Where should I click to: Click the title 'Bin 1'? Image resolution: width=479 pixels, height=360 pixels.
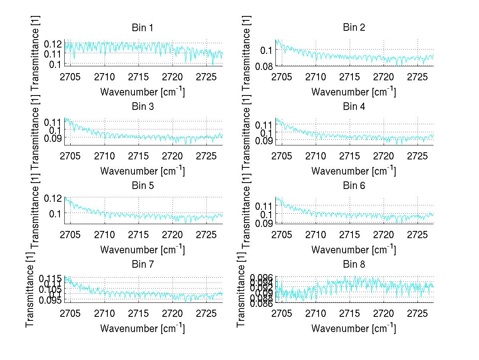pos(143,28)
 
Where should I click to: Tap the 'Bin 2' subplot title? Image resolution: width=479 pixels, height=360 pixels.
pos(354,28)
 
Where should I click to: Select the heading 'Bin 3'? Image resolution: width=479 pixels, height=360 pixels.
pos(143,107)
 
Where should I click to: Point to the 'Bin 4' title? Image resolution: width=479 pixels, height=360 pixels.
pos(354,107)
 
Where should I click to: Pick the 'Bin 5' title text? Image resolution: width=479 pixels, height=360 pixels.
pos(143,186)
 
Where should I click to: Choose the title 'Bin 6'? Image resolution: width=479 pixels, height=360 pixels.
pos(354,186)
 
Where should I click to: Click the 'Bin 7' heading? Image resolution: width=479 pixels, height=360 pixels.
pos(143,265)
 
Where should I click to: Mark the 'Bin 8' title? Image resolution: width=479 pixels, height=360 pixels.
pos(354,265)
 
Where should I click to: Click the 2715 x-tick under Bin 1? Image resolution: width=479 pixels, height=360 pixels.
pos(139,77)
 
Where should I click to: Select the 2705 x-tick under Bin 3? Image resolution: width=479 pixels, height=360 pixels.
pos(71,155)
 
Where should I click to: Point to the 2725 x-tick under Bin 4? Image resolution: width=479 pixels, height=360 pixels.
pos(418,155)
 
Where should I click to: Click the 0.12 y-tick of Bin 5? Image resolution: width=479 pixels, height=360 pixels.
pos(54,198)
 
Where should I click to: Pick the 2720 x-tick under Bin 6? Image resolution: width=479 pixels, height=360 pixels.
pos(384,235)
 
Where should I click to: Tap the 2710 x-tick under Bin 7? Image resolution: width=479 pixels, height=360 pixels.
pos(105,313)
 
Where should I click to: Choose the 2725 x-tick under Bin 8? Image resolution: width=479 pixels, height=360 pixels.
pos(418,313)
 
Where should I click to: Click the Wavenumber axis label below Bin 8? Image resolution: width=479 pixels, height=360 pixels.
pos(354,328)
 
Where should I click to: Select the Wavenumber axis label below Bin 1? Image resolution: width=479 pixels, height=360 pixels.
pos(143,91)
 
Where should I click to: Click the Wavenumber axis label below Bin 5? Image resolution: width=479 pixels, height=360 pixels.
pos(143,250)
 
